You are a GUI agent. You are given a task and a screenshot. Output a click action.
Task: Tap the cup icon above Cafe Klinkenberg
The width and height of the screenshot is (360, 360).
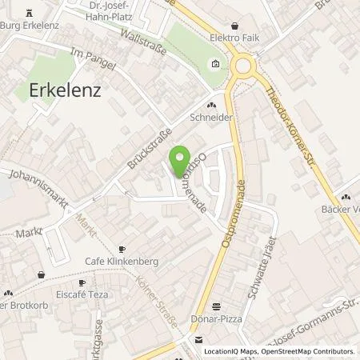(x=122, y=249)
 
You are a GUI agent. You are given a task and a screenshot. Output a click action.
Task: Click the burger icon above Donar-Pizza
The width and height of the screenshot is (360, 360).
(x=216, y=306)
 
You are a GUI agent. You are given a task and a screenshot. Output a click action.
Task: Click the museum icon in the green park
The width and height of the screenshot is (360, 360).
(x=214, y=65)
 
